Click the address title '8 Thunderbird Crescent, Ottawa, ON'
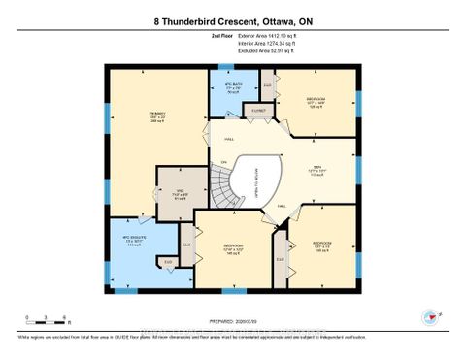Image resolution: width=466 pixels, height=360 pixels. tap(233, 20)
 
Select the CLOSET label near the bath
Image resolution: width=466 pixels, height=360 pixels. tap(258, 112)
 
